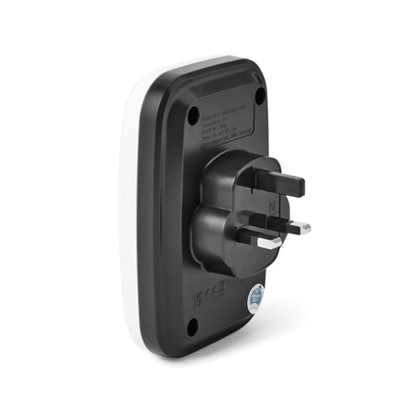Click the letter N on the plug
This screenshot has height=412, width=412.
coord(273,208)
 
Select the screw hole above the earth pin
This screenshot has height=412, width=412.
coord(259,95)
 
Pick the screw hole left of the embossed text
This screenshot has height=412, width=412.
coord(193,115)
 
